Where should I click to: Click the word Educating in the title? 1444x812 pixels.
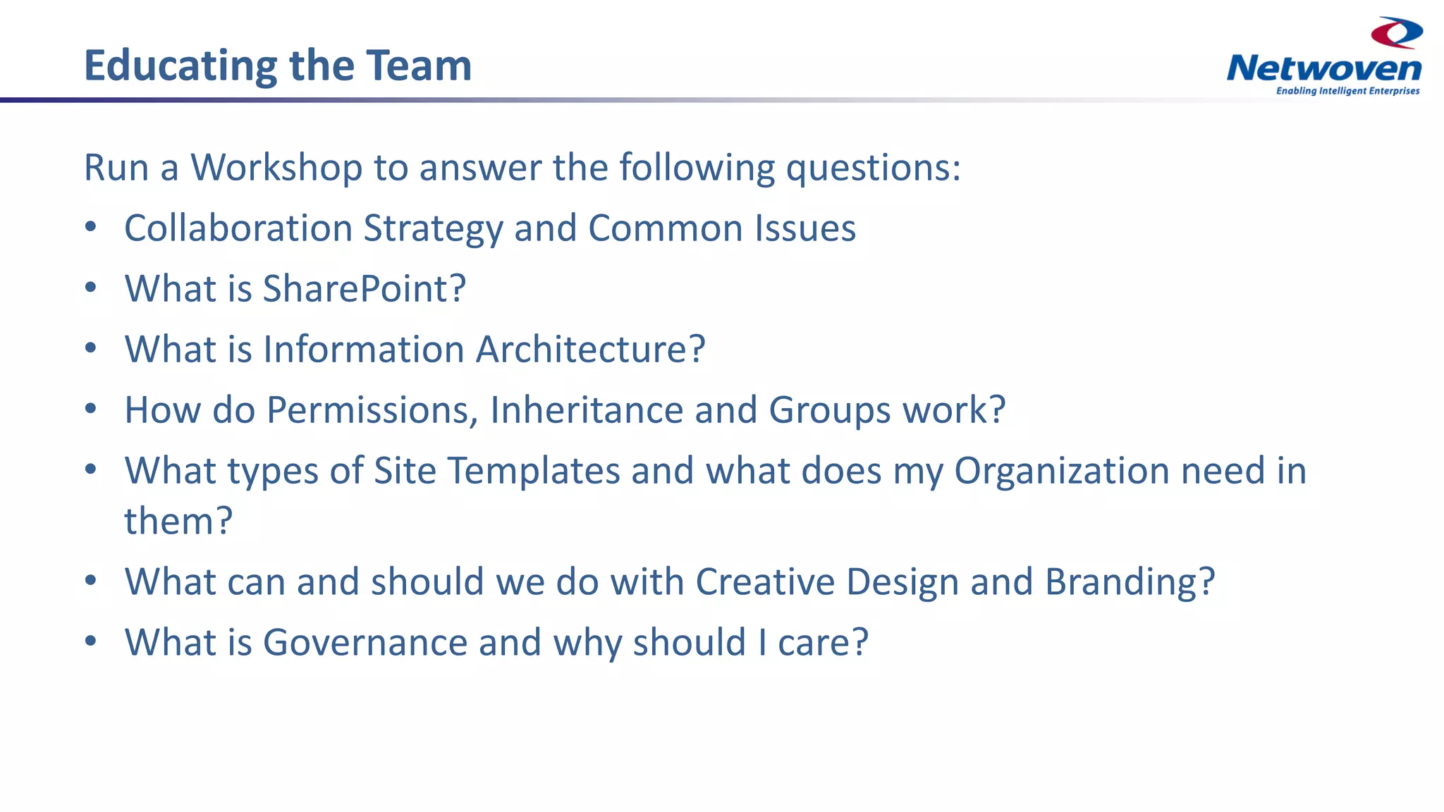coord(180,66)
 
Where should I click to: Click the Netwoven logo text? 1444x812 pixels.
coord(1323,68)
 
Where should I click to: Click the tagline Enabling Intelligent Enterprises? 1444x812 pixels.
coord(1347,91)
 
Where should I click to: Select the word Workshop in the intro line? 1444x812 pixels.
coord(276,168)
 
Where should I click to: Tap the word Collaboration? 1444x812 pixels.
coord(238,228)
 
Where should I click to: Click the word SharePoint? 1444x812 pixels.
coord(364,289)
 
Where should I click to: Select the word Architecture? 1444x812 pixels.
coord(590,350)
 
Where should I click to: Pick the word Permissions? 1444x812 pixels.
coord(372,410)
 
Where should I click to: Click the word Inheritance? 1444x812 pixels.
coord(586,410)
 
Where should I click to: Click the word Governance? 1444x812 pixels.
coord(365,643)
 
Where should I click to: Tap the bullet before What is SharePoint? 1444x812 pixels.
coord(90,288)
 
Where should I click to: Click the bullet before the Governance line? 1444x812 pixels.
coord(90,642)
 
